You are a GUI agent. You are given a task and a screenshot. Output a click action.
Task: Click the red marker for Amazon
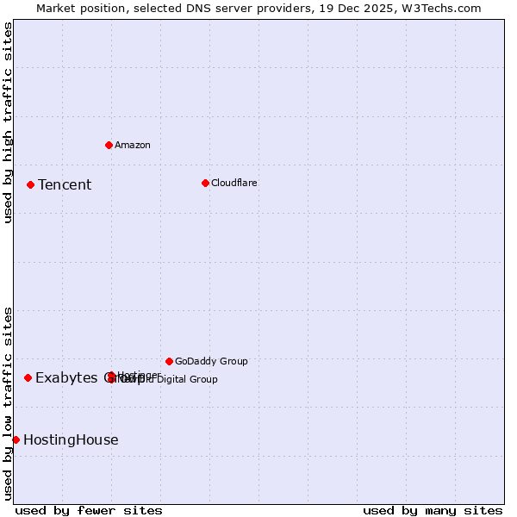[109, 145]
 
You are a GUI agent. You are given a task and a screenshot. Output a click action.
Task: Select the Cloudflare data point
[205, 183]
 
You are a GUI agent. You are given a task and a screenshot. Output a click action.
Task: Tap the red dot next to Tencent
[30, 184]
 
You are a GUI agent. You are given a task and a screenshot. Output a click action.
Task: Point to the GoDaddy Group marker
[169, 361]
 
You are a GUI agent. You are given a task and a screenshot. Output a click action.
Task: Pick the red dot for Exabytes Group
[28, 377]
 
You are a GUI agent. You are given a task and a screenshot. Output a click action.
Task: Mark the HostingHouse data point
[16, 439]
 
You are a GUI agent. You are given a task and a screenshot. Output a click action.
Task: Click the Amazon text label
[132, 145]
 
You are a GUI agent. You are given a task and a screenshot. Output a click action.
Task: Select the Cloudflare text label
[234, 183]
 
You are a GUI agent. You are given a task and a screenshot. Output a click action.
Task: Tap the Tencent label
[65, 184]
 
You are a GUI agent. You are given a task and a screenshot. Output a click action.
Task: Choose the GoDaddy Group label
[211, 361]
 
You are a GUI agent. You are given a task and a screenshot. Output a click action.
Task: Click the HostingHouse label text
[71, 439]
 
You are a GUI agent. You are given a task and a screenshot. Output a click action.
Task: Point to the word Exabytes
[65, 377]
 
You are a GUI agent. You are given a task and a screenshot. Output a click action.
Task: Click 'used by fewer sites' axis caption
[89, 510]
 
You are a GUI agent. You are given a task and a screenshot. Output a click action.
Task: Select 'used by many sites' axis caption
[433, 510]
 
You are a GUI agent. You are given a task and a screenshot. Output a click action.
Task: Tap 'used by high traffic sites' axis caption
[8, 122]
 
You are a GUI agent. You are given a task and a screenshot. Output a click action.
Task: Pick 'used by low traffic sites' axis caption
[8, 402]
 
